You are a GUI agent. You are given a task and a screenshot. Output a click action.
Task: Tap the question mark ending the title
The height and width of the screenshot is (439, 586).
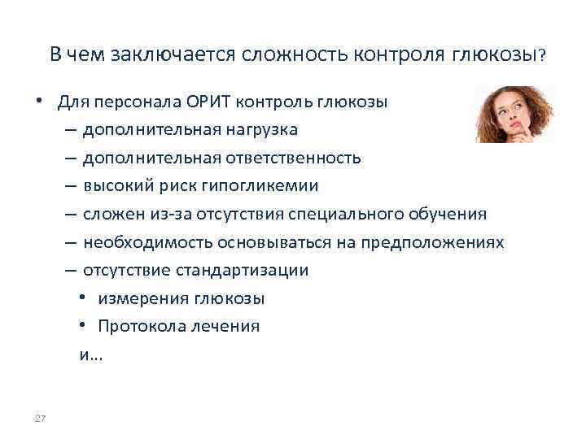tap(542, 55)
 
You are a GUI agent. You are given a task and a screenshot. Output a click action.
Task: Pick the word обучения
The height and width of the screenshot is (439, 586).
tap(453, 215)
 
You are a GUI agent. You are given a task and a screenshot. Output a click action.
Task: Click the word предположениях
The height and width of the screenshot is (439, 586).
tap(436, 242)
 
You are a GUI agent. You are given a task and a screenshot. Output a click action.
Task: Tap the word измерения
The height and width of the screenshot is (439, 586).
tap(142, 298)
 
